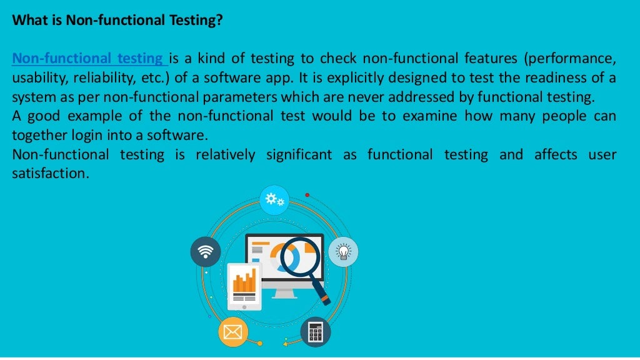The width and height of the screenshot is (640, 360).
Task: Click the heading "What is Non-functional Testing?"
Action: (117, 21)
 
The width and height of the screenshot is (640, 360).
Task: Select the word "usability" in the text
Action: (39, 78)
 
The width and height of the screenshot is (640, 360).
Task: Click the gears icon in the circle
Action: (274, 200)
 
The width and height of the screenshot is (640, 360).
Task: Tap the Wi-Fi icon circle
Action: (205, 252)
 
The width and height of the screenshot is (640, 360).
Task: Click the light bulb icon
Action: (343, 251)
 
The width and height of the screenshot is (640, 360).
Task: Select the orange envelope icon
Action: (232, 332)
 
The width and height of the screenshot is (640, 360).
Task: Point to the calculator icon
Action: (316, 332)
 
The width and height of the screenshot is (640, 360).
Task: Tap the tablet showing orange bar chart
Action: (244, 285)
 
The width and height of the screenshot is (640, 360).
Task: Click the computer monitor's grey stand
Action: (284, 292)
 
